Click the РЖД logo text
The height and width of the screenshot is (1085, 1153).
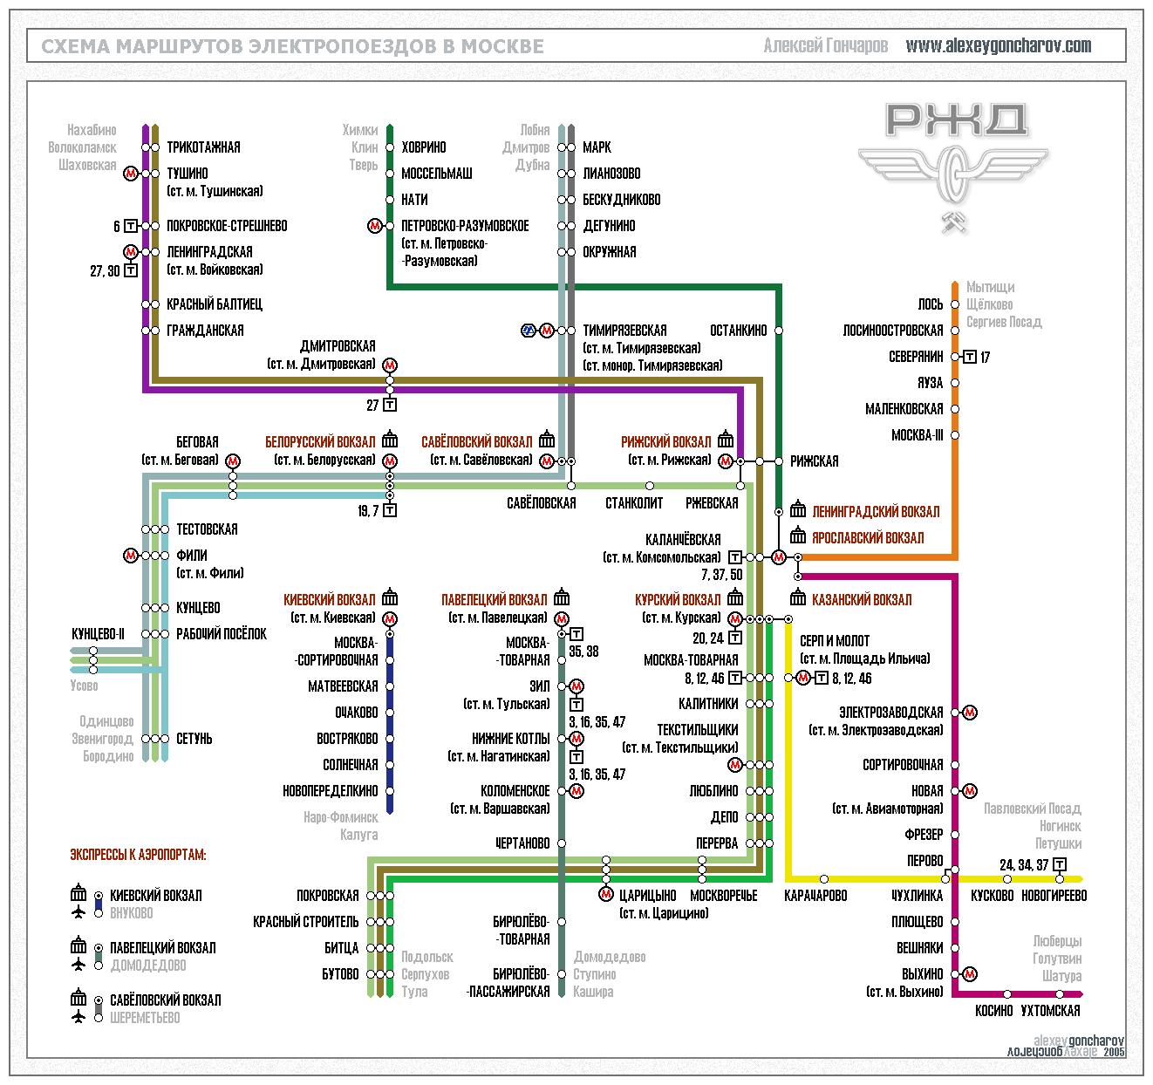pyautogui.click(x=956, y=120)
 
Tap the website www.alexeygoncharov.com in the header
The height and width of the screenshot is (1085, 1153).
pyautogui.click(x=999, y=45)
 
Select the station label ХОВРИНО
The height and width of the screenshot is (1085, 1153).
pyautogui.click(x=424, y=147)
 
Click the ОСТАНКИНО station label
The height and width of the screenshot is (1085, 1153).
pyautogui.click(x=739, y=331)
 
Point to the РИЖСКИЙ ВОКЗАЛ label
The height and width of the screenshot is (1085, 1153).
pyautogui.click(x=666, y=442)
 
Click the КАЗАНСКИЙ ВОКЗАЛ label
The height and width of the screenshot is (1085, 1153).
pyautogui.click(x=862, y=599)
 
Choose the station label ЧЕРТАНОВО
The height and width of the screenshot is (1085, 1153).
pyautogui.click(x=522, y=843)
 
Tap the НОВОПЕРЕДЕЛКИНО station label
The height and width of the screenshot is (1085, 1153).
pyautogui.click(x=331, y=790)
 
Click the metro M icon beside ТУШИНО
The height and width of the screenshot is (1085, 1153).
pyautogui.click(x=131, y=173)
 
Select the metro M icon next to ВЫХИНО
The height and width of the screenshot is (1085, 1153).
pyautogui.click(x=970, y=974)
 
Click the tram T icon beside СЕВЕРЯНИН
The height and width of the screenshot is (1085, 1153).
pyautogui.click(x=970, y=357)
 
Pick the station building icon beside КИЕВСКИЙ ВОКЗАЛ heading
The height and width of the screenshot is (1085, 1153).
pyautogui.click(x=390, y=597)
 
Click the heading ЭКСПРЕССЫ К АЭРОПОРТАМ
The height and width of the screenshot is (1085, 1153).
pyautogui.click(x=138, y=855)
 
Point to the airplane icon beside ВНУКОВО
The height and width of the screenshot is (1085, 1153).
pyautogui.click(x=78, y=912)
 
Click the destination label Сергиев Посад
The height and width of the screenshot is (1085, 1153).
pyautogui.click(x=1004, y=322)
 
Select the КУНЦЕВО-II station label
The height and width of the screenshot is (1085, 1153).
pyautogui.click(x=98, y=634)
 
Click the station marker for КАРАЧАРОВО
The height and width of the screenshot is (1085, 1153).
pyautogui.click(x=824, y=879)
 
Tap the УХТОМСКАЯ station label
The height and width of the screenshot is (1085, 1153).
pyautogui.click(x=1051, y=1010)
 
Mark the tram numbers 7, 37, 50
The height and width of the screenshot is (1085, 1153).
pyautogui.click(x=721, y=575)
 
